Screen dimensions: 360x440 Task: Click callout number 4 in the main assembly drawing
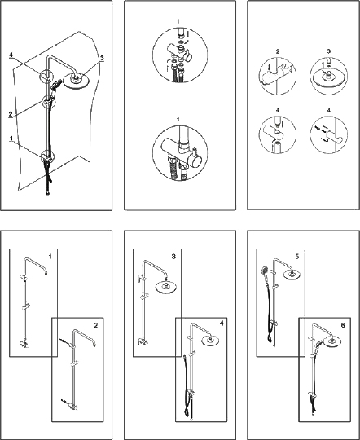11,55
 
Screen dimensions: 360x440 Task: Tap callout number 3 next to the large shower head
102,58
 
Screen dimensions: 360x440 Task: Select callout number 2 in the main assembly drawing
11,114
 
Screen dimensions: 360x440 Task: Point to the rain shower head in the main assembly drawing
75,81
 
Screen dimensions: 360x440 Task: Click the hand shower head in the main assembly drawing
56,84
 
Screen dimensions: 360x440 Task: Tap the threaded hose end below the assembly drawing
47,193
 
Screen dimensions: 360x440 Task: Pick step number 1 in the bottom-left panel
50,257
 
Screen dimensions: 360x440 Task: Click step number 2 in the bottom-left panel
96,326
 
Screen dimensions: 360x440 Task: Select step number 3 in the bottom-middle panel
173,257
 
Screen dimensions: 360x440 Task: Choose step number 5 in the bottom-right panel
297,257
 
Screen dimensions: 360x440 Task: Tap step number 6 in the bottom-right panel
343,325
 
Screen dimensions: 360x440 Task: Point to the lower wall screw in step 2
64,402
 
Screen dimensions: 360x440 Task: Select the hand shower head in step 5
264,270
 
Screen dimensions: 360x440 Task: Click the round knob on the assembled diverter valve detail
195,162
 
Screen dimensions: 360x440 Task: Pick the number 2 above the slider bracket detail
278,51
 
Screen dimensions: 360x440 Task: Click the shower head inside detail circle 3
329,77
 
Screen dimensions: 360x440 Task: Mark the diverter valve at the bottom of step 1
24,345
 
